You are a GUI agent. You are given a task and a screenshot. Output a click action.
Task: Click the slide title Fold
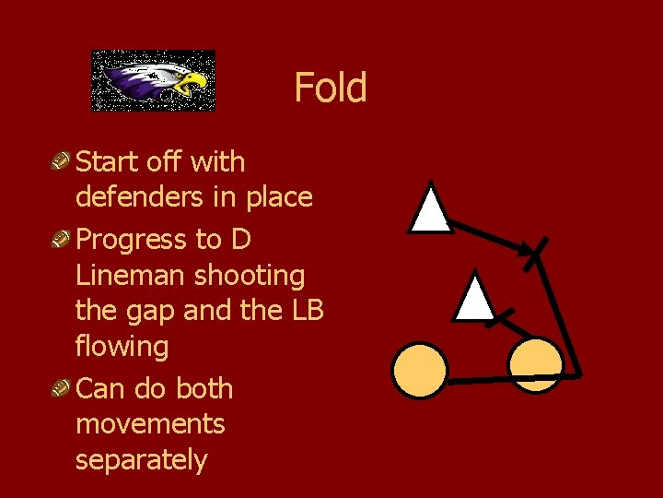[330, 88]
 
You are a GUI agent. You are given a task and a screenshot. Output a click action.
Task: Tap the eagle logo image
[153, 81]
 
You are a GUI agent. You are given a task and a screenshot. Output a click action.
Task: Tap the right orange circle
[535, 364]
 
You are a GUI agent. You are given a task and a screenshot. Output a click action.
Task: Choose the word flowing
[122, 347]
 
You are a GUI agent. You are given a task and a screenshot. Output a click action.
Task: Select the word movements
[150, 424]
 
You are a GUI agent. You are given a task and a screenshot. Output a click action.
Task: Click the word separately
[141, 459]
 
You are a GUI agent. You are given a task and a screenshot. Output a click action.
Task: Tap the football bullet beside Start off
[63, 163]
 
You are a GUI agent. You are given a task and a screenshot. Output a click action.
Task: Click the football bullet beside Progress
[63, 241]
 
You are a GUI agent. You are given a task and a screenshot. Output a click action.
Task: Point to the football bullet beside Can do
[63, 390]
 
